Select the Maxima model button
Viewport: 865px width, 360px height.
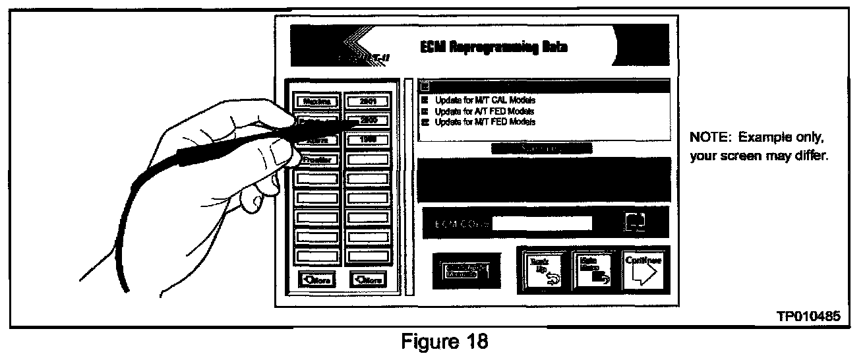[316, 101]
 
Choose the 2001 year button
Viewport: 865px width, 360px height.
[368, 101]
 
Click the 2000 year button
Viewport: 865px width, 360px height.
[368, 121]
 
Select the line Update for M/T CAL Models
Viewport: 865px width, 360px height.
[485, 101]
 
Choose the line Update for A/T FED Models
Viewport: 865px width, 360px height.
[485, 111]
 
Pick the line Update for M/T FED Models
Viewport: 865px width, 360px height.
[485, 122]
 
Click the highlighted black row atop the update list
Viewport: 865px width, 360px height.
[545, 86]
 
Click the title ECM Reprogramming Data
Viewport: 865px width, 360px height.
[494, 47]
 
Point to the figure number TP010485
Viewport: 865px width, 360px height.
[809, 317]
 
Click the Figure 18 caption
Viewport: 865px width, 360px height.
[436, 342]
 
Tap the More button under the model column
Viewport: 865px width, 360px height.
[316, 280]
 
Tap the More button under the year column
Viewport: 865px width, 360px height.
[368, 280]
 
